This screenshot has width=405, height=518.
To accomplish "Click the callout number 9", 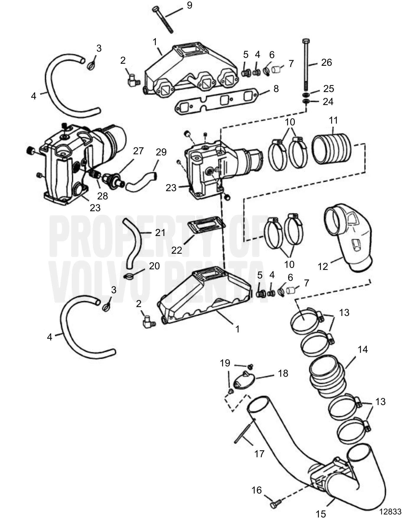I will point(190,5).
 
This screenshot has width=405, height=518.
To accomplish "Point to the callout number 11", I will point(333,120).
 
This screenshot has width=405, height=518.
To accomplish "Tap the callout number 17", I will point(259,454).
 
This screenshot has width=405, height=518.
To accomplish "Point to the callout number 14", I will point(362,350).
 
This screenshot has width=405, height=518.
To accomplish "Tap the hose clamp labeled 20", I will point(128,276).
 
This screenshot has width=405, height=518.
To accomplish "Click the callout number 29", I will point(161,152).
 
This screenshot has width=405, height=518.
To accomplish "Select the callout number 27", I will point(138,151).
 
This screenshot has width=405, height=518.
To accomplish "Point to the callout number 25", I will point(329,88).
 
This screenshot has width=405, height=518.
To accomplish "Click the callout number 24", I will point(328,101).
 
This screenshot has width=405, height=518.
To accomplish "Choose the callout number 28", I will point(102,196).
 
